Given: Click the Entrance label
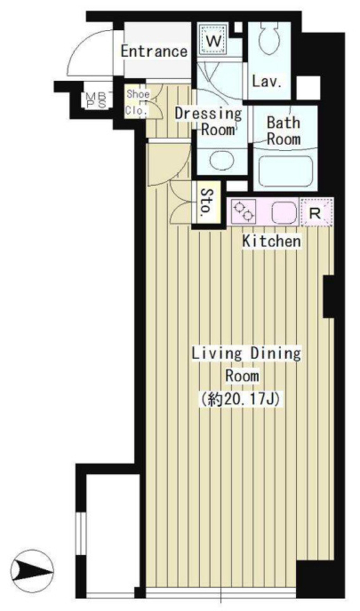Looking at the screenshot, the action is (154, 51).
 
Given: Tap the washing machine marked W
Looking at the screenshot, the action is (213, 40).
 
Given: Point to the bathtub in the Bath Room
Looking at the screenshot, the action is (285, 171).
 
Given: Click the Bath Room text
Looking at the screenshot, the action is (284, 131).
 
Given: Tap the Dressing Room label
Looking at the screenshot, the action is (209, 121).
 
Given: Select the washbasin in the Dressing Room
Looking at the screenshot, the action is (221, 161).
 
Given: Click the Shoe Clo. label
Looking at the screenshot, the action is (137, 103).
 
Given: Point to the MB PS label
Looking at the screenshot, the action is (94, 100).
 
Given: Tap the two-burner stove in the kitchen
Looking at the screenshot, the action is (244, 211).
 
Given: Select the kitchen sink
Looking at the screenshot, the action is (282, 213).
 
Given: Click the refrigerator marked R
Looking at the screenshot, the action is (316, 212).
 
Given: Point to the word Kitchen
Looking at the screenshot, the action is (272, 241).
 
